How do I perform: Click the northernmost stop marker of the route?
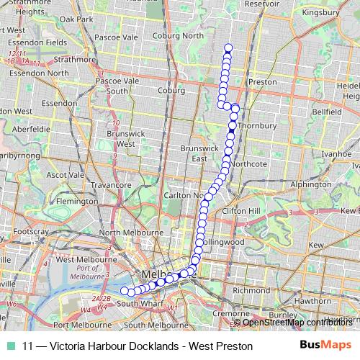[228, 48]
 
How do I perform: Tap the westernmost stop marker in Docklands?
[123, 291]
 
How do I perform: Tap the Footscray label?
[30, 232]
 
